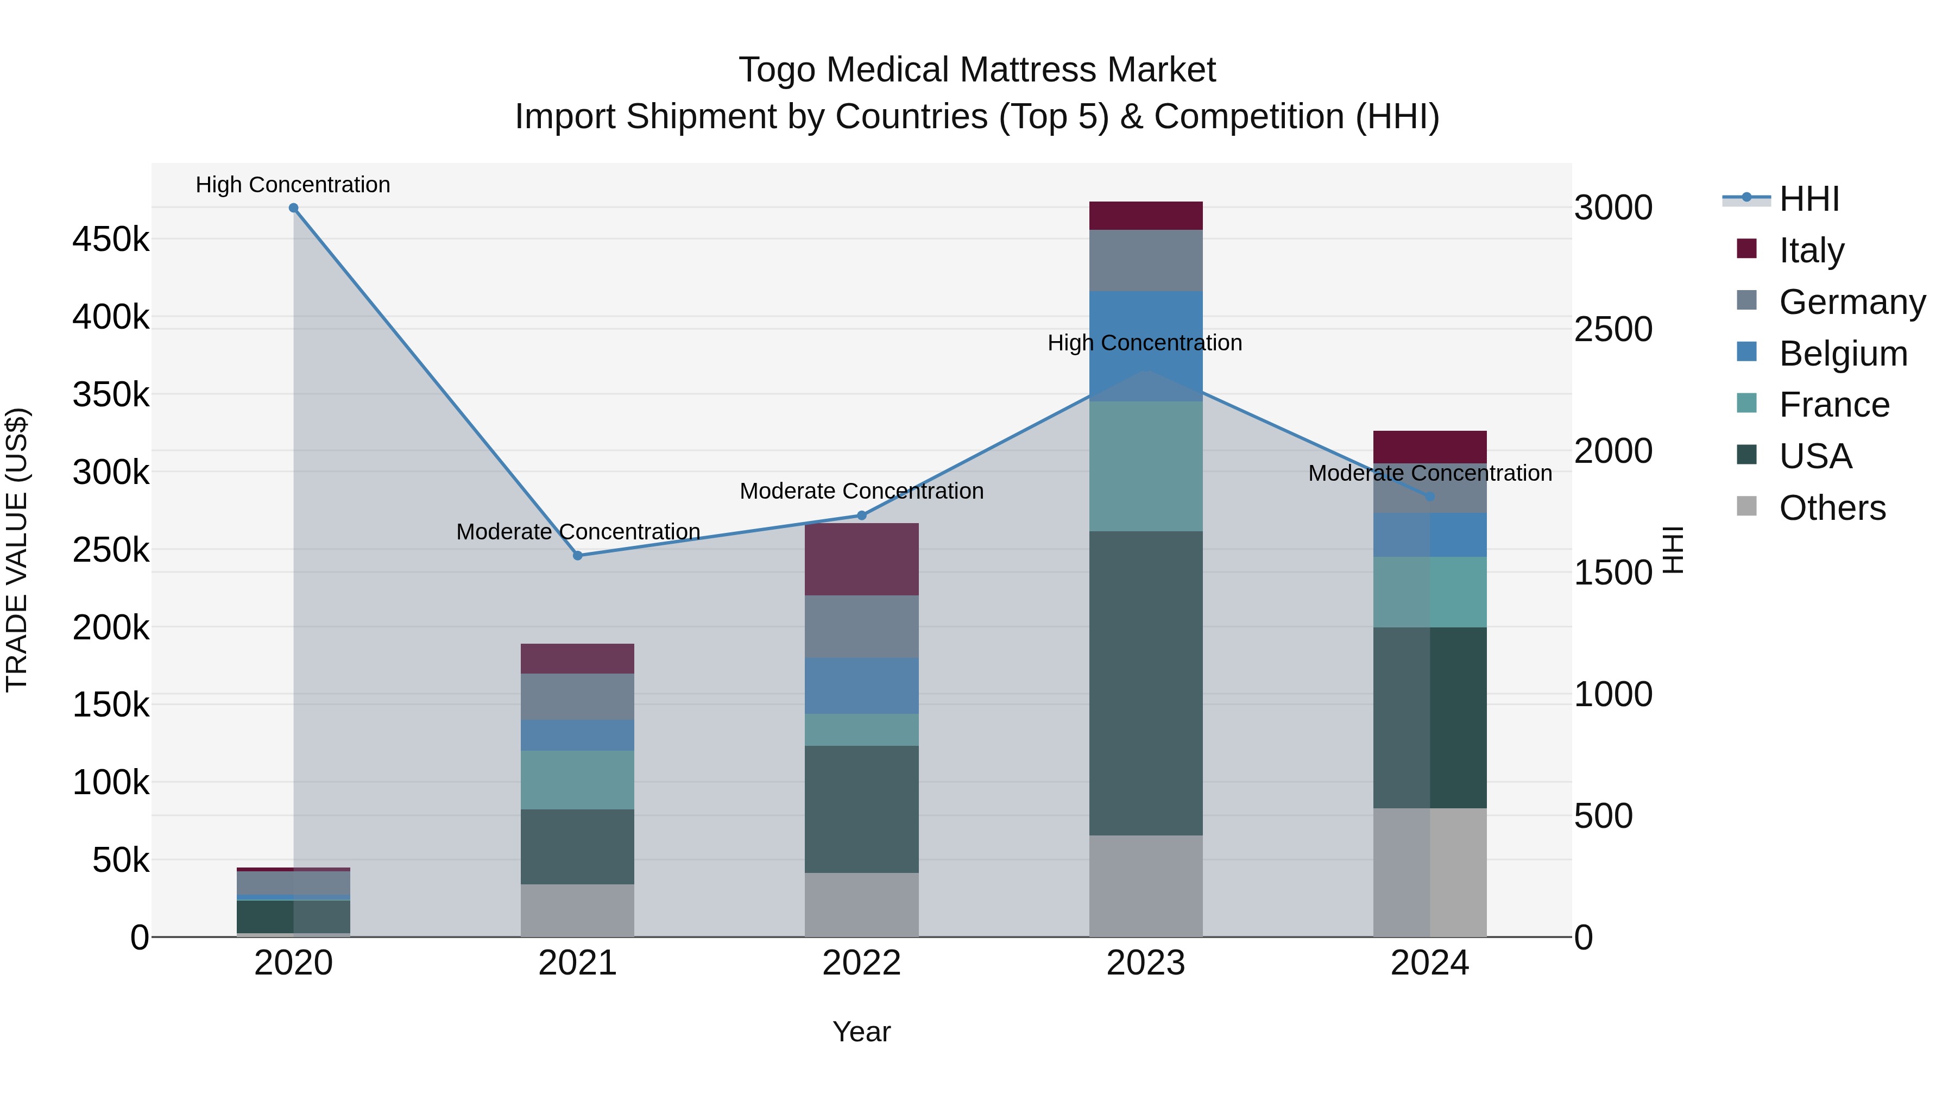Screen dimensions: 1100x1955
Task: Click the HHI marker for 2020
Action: click(294, 208)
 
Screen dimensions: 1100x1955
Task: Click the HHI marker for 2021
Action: click(578, 556)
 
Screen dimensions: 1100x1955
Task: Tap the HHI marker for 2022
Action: click(861, 516)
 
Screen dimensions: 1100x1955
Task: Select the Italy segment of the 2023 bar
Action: click(1145, 216)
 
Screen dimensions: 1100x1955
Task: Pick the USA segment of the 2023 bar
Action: click(1145, 683)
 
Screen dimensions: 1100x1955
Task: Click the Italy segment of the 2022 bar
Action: click(861, 559)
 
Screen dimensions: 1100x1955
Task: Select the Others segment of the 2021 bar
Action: click(578, 910)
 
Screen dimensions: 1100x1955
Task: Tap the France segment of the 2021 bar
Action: click(578, 780)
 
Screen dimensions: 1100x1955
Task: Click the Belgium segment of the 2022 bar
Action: click(861, 686)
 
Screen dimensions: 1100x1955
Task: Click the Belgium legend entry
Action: click(1843, 354)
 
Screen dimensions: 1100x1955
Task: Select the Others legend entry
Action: click(1832, 508)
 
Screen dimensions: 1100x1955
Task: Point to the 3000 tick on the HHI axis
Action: click(1613, 208)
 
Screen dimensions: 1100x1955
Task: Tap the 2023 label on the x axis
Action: click(1145, 963)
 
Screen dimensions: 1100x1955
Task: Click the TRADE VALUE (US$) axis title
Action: click(17, 550)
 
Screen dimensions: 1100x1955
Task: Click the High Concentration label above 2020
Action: click(293, 185)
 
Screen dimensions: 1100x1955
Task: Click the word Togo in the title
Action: click(778, 70)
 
